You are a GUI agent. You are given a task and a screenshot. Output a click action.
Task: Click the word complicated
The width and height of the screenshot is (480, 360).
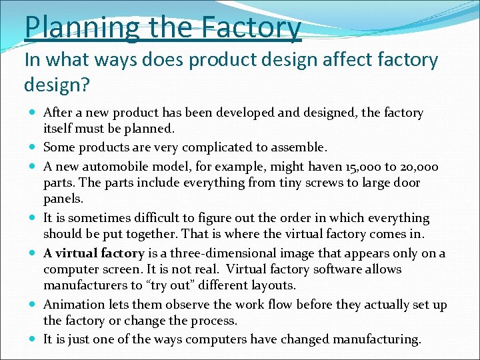click(219, 147)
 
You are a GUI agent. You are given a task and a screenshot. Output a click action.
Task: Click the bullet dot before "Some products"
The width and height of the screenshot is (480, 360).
click(33, 147)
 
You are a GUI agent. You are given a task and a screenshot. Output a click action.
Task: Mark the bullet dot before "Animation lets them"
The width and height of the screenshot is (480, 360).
click(33, 305)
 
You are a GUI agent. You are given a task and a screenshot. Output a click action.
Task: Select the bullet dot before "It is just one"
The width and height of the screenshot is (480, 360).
click(33, 339)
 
